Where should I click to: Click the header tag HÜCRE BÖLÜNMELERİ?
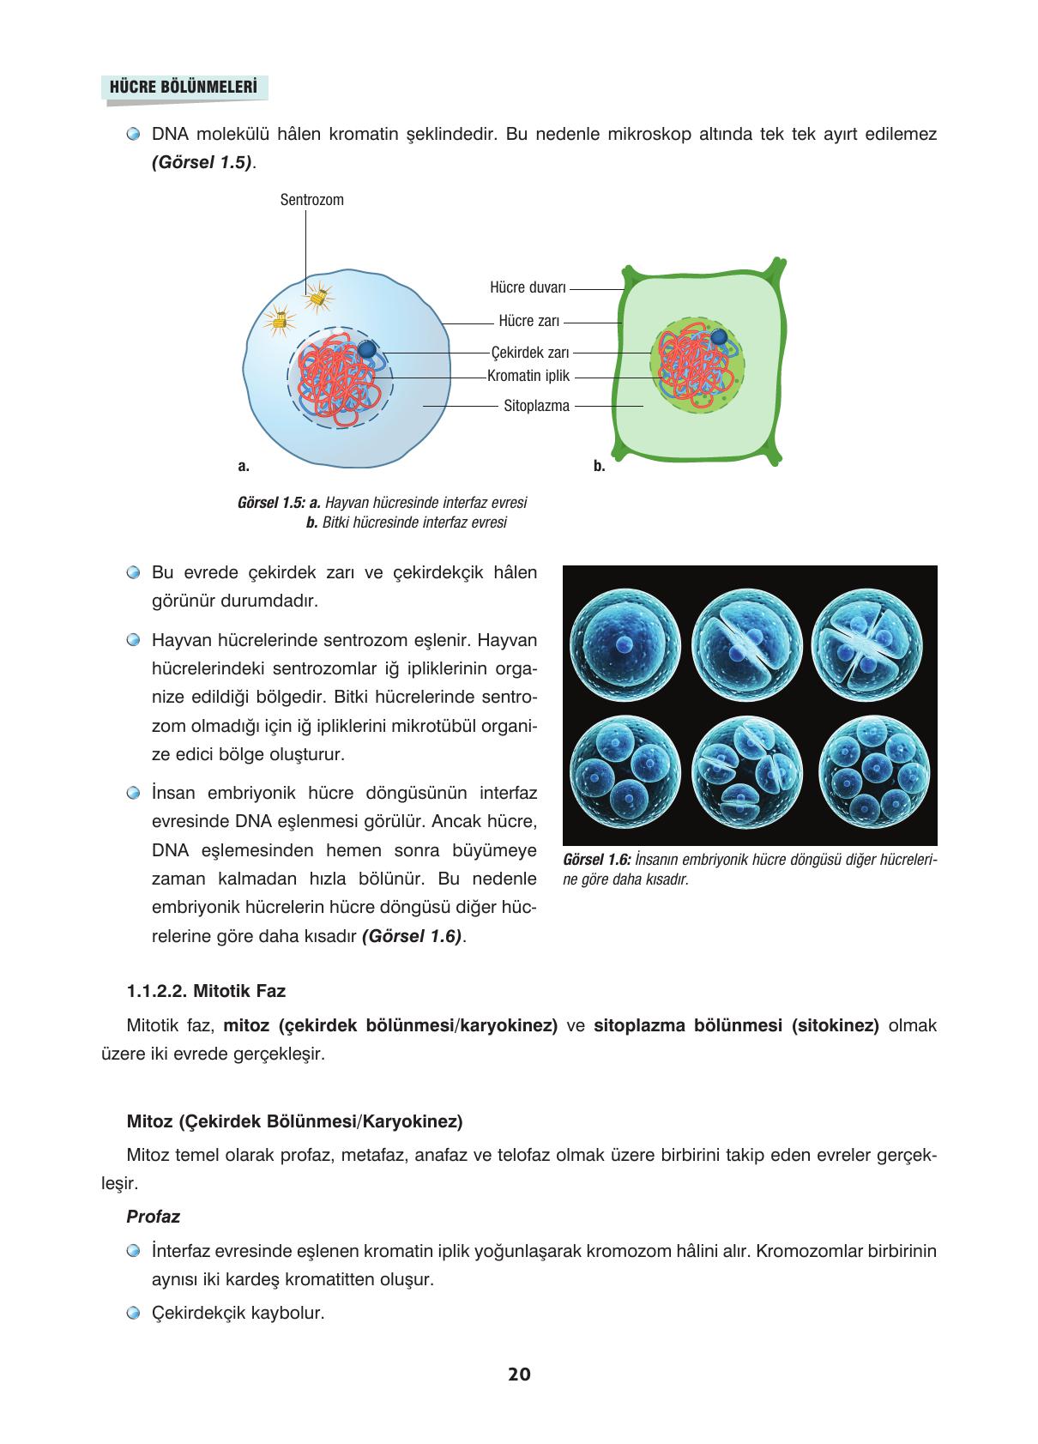[x=184, y=88]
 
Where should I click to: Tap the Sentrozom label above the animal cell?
[x=311, y=200]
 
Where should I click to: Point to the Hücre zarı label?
[x=528, y=321]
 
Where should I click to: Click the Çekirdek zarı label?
[x=529, y=352]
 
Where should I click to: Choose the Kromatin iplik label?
[x=528, y=376]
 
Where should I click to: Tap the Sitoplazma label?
[x=536, y=406]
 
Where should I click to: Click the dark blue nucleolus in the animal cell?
[x=367, y=349]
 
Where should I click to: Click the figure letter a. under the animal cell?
[x=243, y=466]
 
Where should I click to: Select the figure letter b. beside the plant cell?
[x=599, y=466]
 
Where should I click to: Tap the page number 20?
[x=519, y=1374]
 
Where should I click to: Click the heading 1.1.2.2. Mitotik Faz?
[x=206, y=991]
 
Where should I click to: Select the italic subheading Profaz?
[x=153, y=1216]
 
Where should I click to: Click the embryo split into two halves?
[x=746, y=644]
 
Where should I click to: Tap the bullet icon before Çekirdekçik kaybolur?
[x=132, y=1313]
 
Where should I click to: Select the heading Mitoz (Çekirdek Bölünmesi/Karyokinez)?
[x=294, y=1121]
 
